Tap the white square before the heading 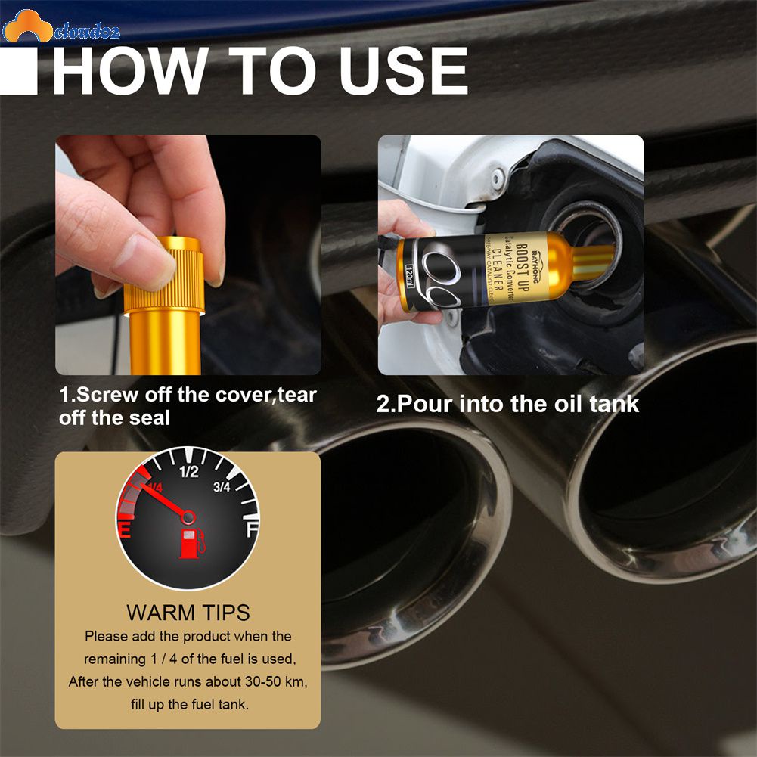click(18, 71)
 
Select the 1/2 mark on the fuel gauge click(188, 473)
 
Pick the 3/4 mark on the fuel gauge click(222, 487)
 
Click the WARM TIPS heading click(188, 612)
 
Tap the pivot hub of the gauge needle click(188, 517)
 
